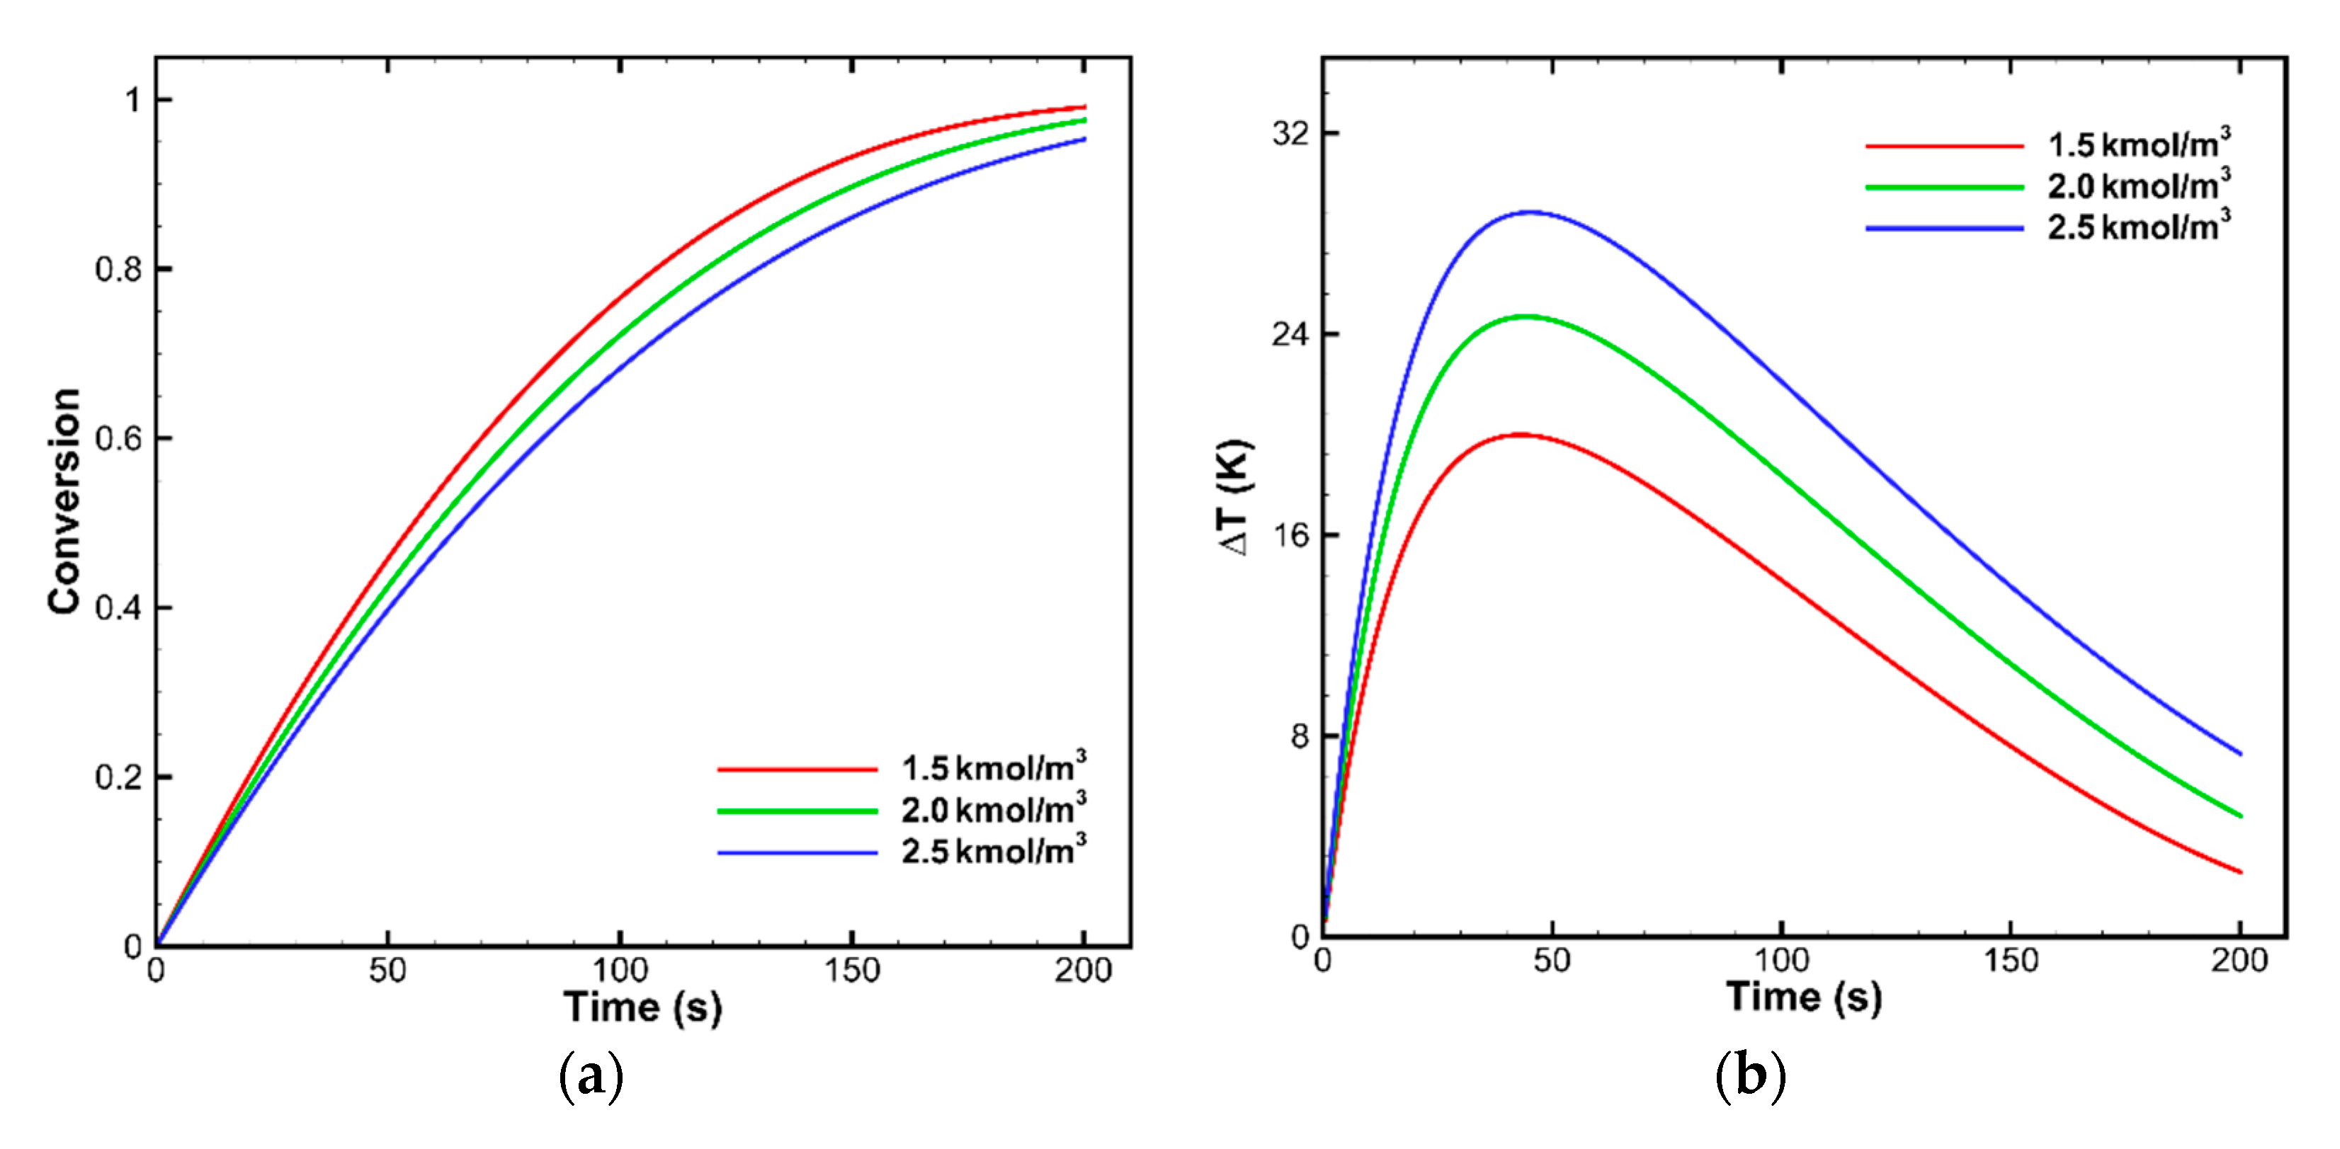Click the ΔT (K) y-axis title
(1235, 498)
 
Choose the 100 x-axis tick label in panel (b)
(1781, 960)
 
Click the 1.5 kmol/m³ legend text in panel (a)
(993, 768)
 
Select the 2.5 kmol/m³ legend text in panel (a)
(993, 852)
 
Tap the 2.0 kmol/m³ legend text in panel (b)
(2138, 185)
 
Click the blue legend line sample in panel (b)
(1944, 228)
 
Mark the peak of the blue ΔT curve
(1531, 212)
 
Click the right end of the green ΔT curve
(2241, 816)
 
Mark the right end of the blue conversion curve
(1084, 139)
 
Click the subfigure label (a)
(591, 1077)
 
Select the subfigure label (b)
(1751, 1077)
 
